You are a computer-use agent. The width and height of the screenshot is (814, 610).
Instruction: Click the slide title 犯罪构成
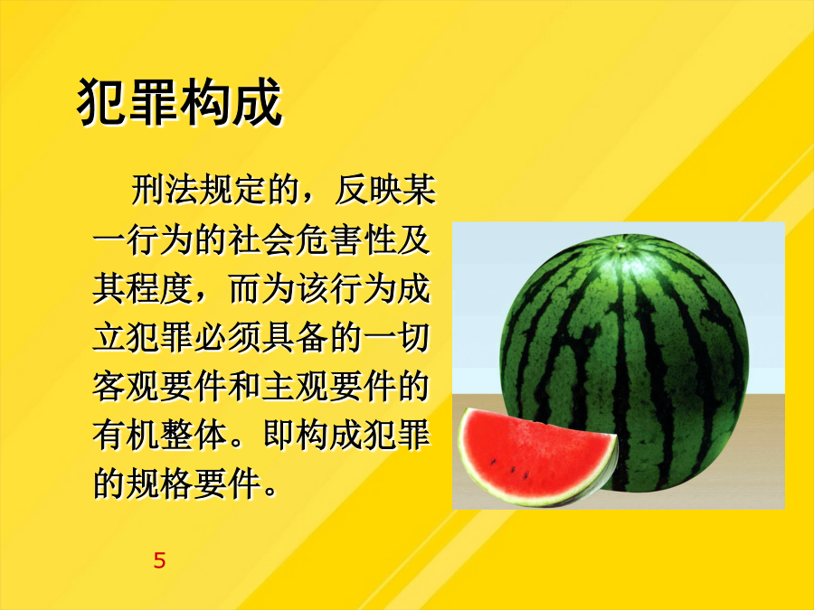pos(180,102)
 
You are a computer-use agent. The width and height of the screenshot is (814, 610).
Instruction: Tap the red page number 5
pos(159,560)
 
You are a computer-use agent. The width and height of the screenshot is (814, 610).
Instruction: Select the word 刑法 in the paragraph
pos(166,190)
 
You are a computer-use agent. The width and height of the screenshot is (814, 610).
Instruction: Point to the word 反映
pos(368,190)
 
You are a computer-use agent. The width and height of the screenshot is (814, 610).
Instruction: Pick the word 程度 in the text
pos(160,288)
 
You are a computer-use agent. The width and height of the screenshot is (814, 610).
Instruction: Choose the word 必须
pos(228,337)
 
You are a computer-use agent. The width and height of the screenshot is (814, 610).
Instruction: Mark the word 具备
pos(295,337)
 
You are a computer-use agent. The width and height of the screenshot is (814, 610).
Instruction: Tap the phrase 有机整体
pos(160,435)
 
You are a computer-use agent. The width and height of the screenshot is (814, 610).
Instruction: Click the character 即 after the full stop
pos(279,435)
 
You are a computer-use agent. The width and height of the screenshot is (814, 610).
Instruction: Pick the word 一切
pos(396,337)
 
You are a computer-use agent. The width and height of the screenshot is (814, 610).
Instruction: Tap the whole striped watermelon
pos(624,362)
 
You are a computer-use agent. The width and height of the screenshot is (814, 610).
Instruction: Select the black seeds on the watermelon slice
pos(510,468)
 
